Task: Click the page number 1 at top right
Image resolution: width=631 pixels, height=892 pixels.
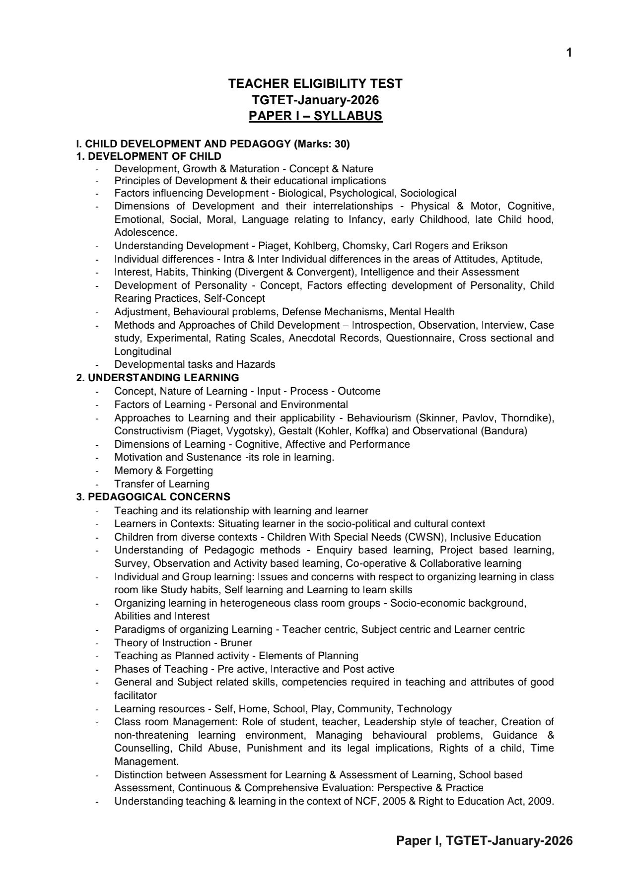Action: pyautogui.click(x=569, y=53)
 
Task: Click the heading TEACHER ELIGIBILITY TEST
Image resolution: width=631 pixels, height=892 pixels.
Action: pyautogui.click(x=315, y=83)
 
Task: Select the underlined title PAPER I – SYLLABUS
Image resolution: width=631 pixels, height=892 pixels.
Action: pyautogui.click(x=315, y=116)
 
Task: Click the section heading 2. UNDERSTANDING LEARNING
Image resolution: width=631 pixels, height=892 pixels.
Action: pyautogui.click(x=157, y=378)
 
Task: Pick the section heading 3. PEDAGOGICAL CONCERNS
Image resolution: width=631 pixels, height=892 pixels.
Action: pyautogui.click(x=153, y=497)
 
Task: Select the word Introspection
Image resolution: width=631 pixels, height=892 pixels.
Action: pyautogui.click(x=382, y=325)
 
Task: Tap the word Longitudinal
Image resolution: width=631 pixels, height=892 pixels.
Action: pyautogui.click(x=142, y=351)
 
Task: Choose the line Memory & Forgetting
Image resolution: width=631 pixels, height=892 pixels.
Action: pyautogui.click(x=163, y=471)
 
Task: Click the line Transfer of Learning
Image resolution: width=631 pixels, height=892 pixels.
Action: pyautogui.click(x=162, y=484)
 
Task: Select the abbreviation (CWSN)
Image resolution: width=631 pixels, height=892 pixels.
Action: pyautogui.click(x=426, y=537)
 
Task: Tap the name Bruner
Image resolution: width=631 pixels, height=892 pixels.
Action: pyautogui.click(x=236, y=643)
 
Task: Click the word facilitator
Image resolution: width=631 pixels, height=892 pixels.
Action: pyautogui.click(x=135, y=695)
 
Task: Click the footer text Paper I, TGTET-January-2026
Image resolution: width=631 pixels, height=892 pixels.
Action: pyautogui.click(x=484, y=840)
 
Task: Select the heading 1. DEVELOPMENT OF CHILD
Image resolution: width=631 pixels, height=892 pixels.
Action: pyautogui.click(x=148, y=156)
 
